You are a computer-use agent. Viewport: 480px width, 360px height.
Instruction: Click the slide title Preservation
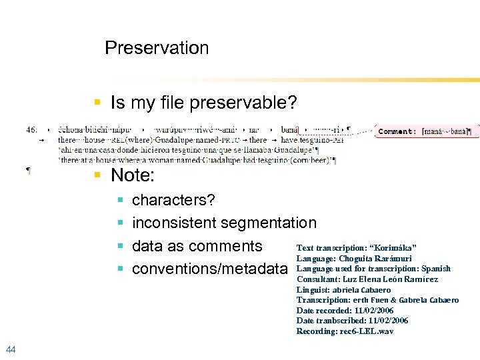pos(157,48)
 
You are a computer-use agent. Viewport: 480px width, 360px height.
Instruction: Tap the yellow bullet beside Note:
pos(97,175)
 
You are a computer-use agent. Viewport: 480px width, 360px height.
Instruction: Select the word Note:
pos(133,175)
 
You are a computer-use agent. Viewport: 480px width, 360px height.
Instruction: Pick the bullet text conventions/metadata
pos(210,269)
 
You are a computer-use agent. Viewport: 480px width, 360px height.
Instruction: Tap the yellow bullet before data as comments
pos(120,246)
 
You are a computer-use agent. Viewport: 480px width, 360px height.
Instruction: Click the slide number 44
pos(10,349)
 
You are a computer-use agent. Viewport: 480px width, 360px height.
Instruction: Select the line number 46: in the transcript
pos(32,129)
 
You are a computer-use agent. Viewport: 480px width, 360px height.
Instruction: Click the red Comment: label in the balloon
pos(397,132)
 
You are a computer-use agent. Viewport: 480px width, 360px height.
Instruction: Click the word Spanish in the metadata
pos(436,269)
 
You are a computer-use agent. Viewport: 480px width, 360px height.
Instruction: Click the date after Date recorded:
pos(373,311)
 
